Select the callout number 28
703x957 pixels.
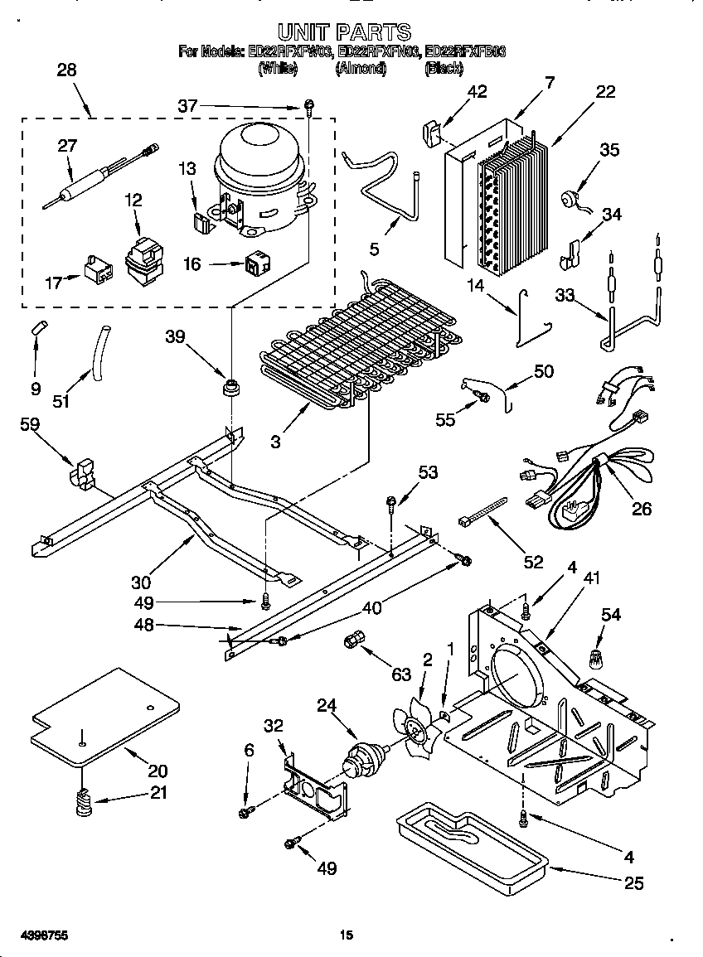65,70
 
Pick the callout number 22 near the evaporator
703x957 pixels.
605,91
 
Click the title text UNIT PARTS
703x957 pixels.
343,32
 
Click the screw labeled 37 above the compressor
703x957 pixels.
308,105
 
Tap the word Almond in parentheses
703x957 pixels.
361,70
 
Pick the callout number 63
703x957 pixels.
401,674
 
